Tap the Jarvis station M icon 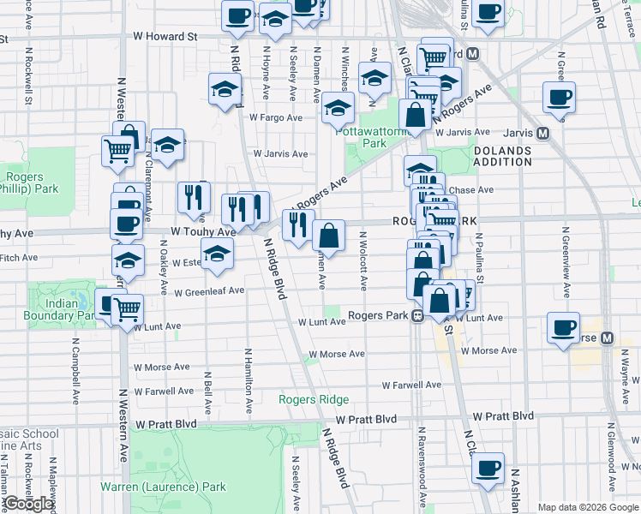coord(542,133)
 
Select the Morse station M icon coord(607,338)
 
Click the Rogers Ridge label coord(313,400)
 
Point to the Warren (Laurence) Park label coord(163,487)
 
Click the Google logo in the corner coord(28,504)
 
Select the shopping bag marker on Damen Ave coord(329,234)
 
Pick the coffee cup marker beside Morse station coord(564,328)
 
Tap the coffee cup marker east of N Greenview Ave coord(560,97)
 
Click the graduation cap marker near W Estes coord(217,254)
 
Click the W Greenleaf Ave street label coord(209,291)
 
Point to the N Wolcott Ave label coord(363,260)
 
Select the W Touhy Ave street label coord(203,232)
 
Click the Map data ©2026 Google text coord(587,507)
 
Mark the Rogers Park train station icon coord(416,315)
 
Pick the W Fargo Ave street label coord(276,117)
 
